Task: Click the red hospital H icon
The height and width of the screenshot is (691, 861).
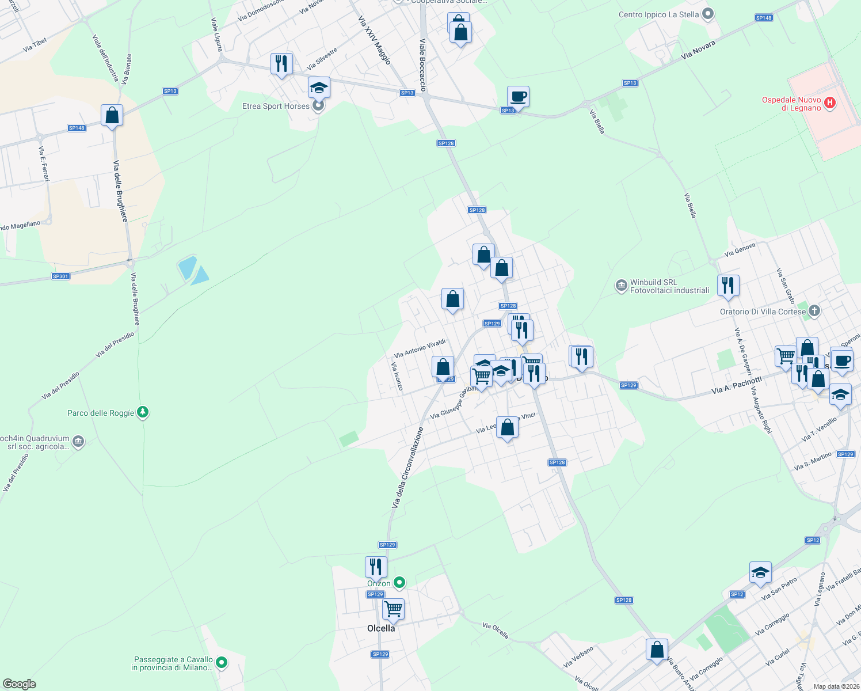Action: (829, 104)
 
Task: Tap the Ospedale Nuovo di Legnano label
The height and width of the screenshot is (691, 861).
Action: (791, 104)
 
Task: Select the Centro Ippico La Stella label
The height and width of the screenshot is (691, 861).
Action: (658, 15)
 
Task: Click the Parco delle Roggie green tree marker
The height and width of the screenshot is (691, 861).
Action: (143, 412)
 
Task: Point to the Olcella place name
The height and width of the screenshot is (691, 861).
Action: (381, 628)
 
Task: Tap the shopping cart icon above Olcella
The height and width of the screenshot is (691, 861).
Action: (393, 608)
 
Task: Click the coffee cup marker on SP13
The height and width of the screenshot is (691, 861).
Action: (518, 96)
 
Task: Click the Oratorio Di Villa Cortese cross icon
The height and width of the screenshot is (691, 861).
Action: (814, 312)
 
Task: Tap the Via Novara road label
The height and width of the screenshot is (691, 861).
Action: (698, 50)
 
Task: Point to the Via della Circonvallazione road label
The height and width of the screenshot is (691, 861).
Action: (407, 468)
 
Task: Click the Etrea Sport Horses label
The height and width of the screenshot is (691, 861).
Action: (276, 107)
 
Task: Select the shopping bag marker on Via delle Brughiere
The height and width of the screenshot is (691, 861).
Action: (112, 115)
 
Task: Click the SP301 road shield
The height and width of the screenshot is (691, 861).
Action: (60, 276)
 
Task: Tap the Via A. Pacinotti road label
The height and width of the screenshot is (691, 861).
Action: (736, 385)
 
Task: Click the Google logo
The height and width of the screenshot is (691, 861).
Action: (20, 684)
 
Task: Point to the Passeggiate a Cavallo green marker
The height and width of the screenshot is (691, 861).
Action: (222, 663)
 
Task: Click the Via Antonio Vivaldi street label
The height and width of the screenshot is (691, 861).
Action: (420, 348)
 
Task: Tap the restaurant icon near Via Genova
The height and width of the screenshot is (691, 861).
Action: (728, 285)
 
